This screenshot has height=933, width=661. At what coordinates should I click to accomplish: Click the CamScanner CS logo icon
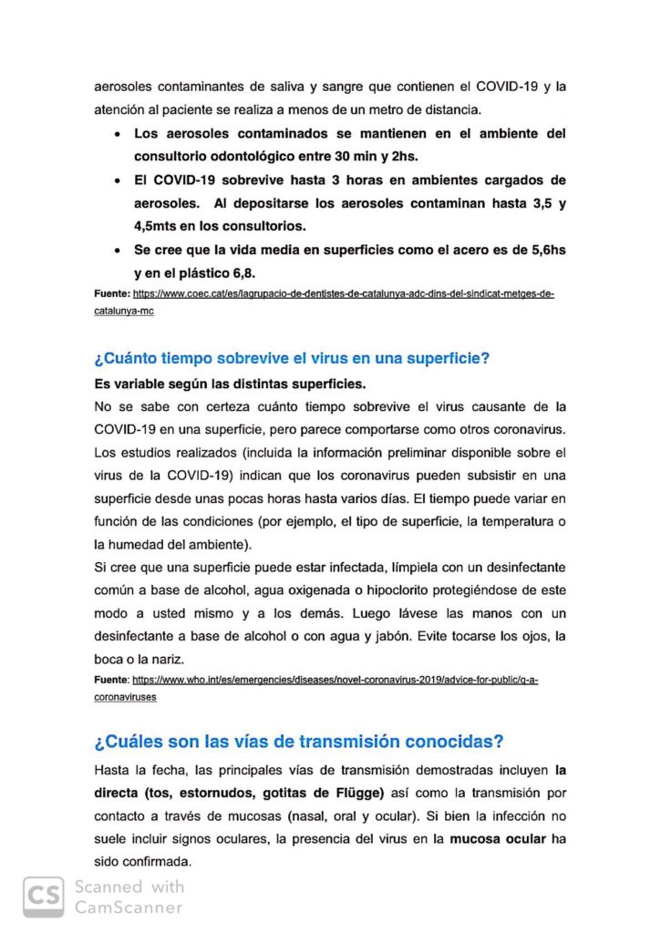pyautogui.click(x=44, y=897)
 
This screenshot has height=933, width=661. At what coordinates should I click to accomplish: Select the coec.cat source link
pyautogui.click(x=343, y=295)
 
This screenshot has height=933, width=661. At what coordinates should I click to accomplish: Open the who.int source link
pyautogui.click(x=335, y=681)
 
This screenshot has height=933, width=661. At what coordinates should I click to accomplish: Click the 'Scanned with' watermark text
pyautogui.click(x=129, y=887)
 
